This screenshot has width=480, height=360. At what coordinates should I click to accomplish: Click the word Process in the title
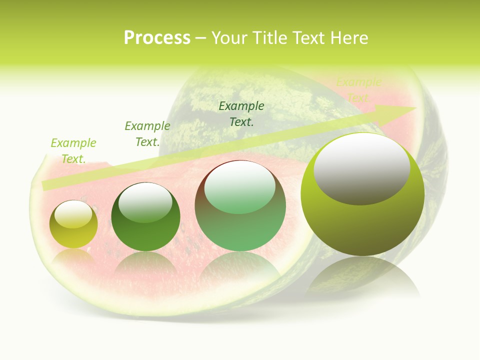tap(157, 38)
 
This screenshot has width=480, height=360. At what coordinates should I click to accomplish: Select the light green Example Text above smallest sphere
tap(73, 151)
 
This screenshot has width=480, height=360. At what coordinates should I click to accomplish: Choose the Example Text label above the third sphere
tap(241, 114)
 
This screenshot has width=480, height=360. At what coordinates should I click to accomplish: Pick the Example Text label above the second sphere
tap(147, 134)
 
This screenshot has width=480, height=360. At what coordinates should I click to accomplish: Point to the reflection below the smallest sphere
tap(73, 256)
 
